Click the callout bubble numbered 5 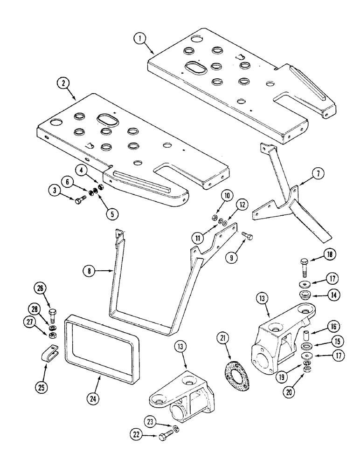111,213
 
